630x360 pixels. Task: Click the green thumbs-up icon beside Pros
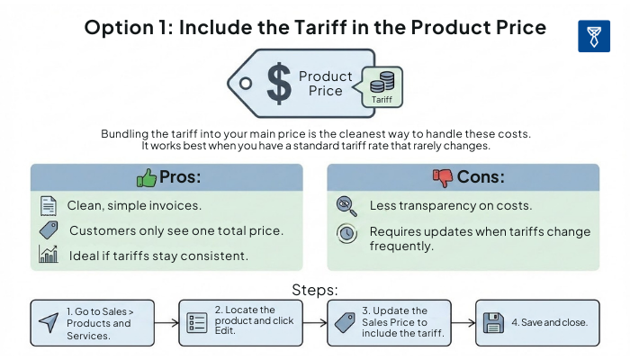(x=146, y=177)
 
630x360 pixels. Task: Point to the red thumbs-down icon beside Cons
(x=442, y=177)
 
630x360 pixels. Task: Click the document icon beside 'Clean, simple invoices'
(x=48, y=206)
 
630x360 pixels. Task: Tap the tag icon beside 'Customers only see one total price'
(x=49, y=230)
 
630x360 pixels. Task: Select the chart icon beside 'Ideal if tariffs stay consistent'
(x=49, y=255)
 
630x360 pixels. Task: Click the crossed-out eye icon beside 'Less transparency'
(x=346, y=206)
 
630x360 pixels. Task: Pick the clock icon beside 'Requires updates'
(x=346, y=233)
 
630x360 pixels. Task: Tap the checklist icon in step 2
(x=196, y=322)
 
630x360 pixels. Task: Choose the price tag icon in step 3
(x=345, y=322)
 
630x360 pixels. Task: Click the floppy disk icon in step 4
(x=492, y=322)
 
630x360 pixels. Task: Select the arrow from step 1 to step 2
(x=166, y=322)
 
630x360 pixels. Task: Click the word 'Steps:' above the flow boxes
(x=315, y=290)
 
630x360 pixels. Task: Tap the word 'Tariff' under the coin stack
(x=382, y=100)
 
